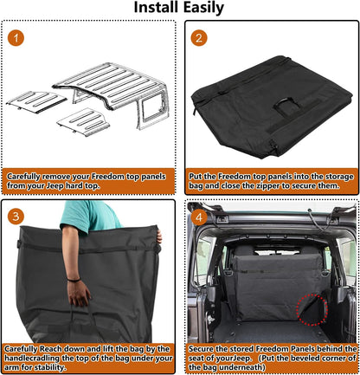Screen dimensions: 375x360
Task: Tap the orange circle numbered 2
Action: (x=200, y=39)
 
